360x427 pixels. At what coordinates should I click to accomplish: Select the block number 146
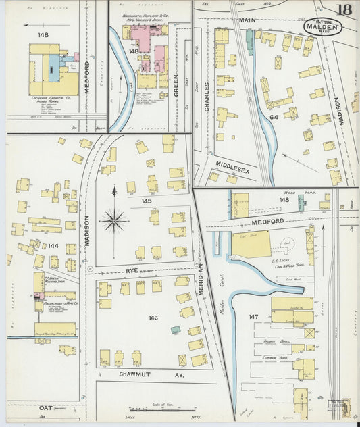pyautogui.click(x=153, y=317)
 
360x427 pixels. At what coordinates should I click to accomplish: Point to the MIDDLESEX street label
pyautogui.click(x=233, y=167)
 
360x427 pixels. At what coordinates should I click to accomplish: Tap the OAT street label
pyautogui.click(x=45, y=408)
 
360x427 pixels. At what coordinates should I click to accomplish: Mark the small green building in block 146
pyautogui.click(x=176, y=330)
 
